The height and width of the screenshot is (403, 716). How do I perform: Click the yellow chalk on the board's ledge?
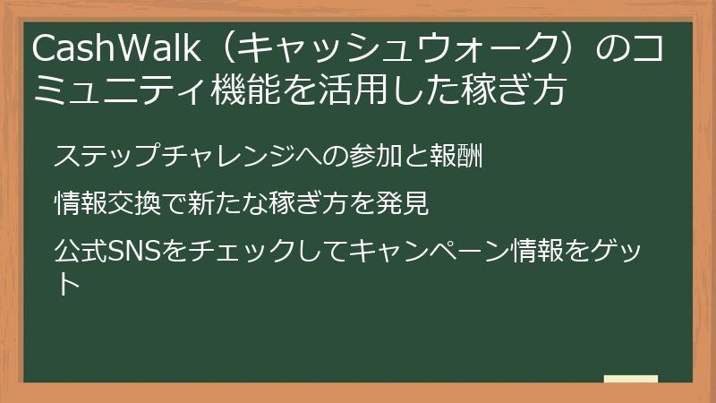point(630,380)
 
